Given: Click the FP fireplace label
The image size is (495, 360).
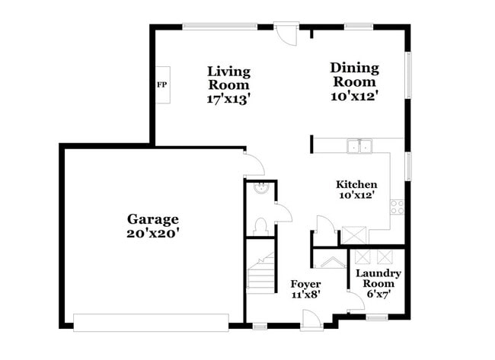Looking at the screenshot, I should [x=161, y=84].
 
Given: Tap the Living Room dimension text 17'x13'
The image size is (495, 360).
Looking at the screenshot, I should [x=228, y=98].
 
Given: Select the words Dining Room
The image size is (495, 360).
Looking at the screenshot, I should [x=353, y=75].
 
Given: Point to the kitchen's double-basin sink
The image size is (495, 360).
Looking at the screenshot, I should [x=358, y=145].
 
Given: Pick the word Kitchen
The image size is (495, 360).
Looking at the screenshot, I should [x=356, y=184].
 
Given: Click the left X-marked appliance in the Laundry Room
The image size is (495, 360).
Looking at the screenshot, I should [x=362, y=256].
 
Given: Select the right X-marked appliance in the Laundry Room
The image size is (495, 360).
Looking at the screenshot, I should [x=390, y=256].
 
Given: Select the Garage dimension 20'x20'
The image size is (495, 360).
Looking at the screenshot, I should [x=152, y=233].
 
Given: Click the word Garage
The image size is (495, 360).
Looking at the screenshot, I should [x=152, y=219].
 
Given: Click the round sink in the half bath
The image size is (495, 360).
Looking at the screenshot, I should [x=260, y=190].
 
